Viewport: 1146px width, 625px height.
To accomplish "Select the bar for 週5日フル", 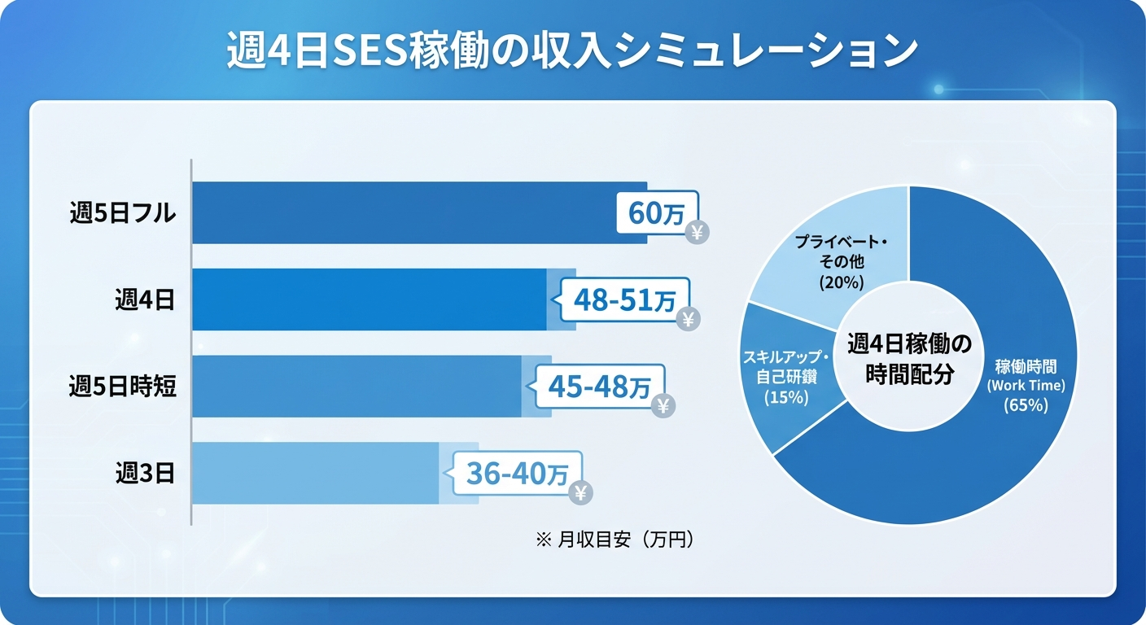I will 407,212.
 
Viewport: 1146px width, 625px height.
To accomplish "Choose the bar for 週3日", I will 317,473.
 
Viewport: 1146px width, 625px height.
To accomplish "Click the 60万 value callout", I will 657,213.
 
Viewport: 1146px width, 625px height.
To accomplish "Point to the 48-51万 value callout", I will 624,300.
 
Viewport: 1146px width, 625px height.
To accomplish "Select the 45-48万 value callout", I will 599,387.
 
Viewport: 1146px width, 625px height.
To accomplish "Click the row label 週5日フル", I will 123,213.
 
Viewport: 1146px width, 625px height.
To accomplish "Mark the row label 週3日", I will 145,474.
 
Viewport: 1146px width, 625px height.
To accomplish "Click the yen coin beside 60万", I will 698,233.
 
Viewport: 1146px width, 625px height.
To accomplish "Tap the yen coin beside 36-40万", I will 580,492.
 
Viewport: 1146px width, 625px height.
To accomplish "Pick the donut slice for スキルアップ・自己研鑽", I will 785,375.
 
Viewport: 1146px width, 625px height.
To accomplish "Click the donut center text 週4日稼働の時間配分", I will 909,358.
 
